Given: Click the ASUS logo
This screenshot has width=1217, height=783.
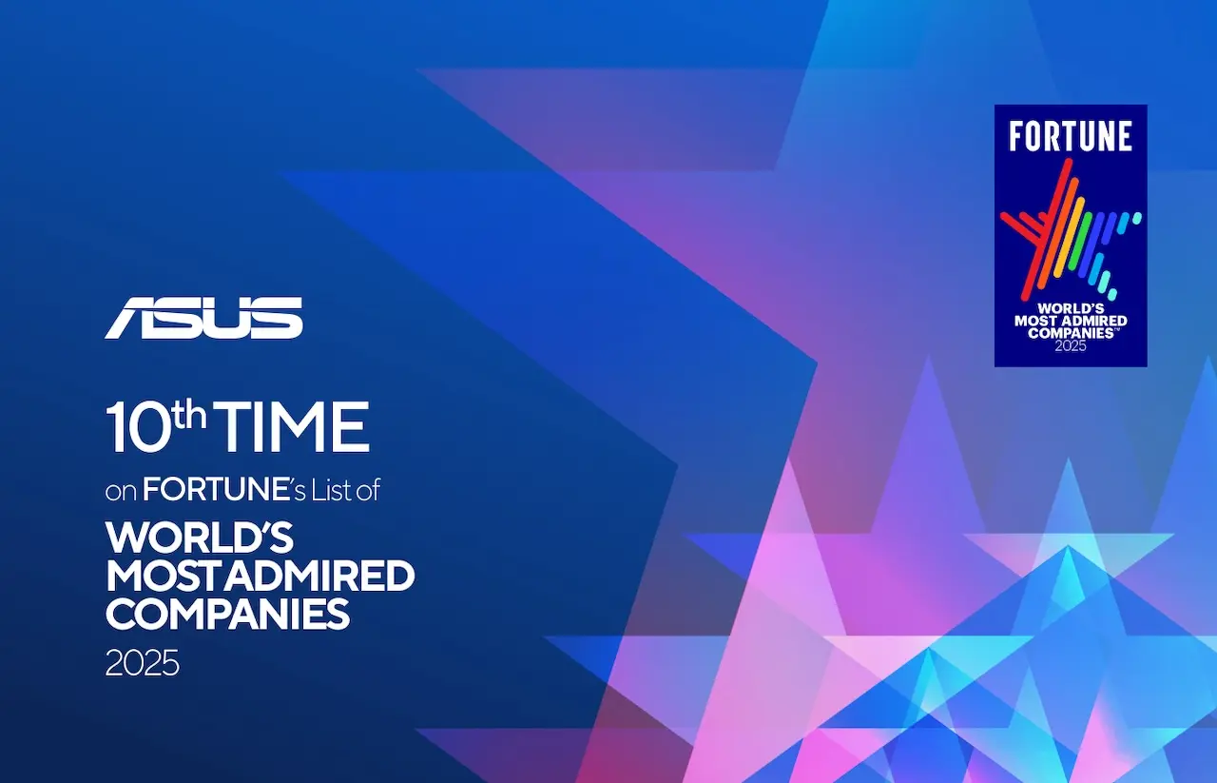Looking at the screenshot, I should click(203, 318).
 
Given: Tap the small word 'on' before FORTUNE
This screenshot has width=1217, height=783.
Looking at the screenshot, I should click(122, 492).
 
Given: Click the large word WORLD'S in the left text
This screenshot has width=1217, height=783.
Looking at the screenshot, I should click(201, 538).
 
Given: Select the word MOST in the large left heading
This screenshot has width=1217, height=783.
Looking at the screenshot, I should click(164, 577).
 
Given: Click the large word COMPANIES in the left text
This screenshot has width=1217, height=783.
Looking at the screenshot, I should click(227, 615).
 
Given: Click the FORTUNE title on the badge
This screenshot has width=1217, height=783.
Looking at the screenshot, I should click(1071, 137).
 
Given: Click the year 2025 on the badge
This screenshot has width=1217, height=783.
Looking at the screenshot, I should click(1070, 346).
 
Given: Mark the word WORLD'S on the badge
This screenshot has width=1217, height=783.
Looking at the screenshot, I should click(1070, 308).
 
